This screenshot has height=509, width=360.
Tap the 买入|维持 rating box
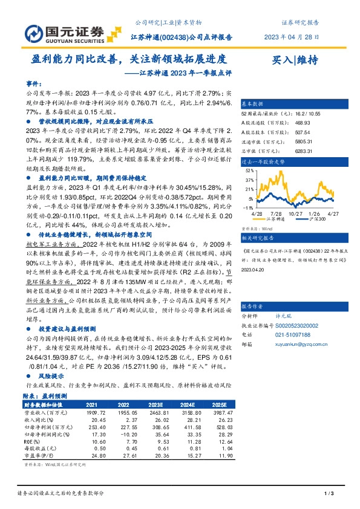(296, 60)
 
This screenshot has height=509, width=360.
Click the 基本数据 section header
(254, 103)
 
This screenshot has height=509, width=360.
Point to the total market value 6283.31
(316, 150)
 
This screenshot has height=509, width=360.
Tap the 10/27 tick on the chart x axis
(295, 213)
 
